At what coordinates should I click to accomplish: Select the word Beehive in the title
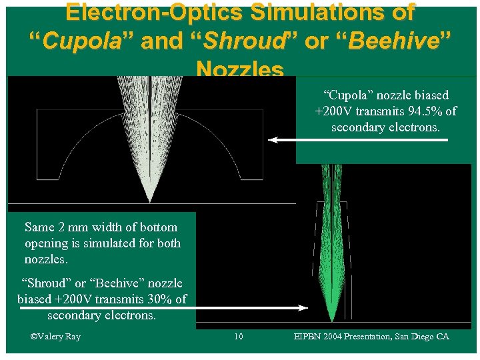pyautogui.click(x=397, y=41)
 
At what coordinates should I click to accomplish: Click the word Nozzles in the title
pyautogui.click(x=240, y=69)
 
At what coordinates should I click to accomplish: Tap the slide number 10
pyautogui.click(x=239, y=337)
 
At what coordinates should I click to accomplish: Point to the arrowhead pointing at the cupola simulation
pyautogui.click(x=273, y=140)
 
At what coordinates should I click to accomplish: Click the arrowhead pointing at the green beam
pyautogui.click(x=303, y=308)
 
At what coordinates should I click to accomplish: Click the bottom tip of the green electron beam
pyautogui.click(x=331, y=321)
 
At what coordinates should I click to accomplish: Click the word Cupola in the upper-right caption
pyautogui.click(x=347, y=95)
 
